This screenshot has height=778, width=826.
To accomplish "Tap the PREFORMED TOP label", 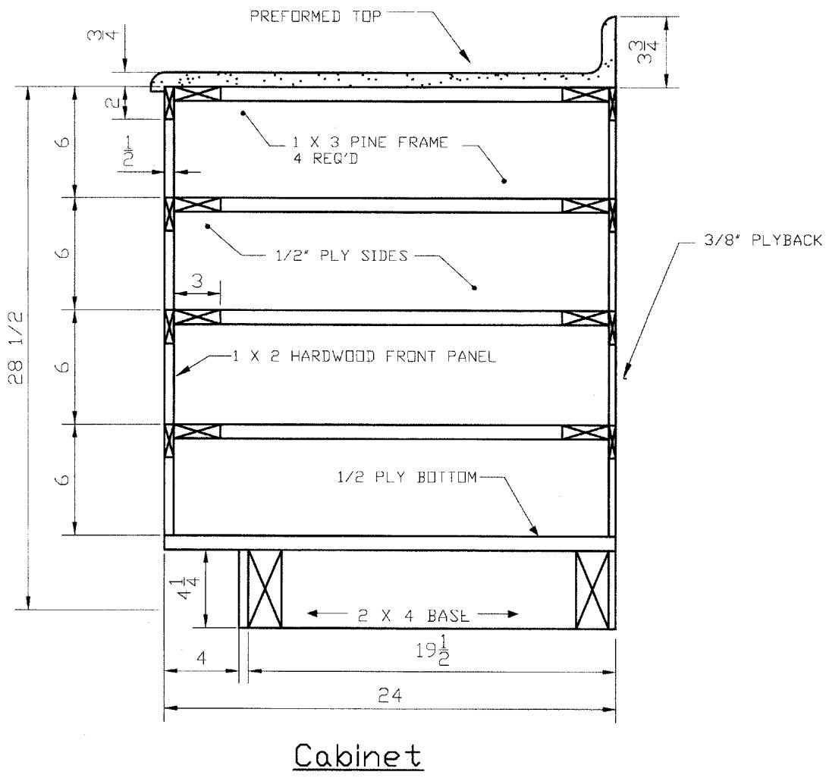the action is point(315,17).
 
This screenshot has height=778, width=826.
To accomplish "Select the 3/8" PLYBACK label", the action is point(763,240).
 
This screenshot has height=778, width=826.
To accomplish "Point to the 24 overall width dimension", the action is point(390,696).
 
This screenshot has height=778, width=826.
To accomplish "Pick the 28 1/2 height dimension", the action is point(16,347).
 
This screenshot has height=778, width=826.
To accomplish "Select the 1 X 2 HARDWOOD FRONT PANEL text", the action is point(364,356).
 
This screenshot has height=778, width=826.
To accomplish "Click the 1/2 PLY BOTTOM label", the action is point(407,477).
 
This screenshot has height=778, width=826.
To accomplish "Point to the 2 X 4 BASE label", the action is point(413,615).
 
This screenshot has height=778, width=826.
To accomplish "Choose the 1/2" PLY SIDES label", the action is point(342,256).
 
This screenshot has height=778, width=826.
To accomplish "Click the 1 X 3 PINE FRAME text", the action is point(370,143).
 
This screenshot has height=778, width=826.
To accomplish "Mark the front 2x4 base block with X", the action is point(265,589).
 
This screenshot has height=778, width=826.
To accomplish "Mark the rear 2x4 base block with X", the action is point(592,589).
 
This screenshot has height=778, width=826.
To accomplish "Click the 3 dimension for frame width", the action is point(197,281).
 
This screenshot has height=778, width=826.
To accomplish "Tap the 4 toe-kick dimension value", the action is point(201,657).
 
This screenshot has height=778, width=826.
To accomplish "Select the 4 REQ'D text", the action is point(325,158).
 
